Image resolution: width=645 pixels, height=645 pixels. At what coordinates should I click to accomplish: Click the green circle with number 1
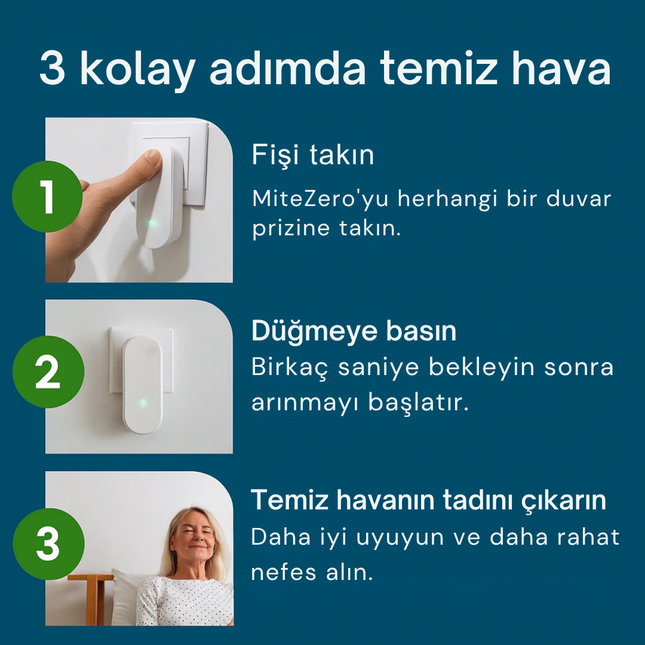tap(47, 196)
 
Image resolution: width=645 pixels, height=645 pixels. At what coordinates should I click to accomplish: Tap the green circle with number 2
tap(48, 371)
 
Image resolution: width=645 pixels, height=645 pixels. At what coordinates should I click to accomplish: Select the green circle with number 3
tap(48, 543)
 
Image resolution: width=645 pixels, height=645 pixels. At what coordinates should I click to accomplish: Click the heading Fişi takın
tap(313, 155)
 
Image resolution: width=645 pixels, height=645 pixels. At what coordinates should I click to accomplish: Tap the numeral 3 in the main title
tap(53, 70)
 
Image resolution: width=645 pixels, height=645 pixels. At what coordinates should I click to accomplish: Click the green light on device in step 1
tap(153, 223)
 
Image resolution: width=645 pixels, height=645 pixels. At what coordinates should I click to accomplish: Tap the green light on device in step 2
tap(143, 402)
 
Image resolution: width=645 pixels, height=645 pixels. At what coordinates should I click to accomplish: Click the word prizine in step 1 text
tap(288, 229)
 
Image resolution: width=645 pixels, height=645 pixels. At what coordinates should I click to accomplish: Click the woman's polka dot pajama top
tap(185, 603)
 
